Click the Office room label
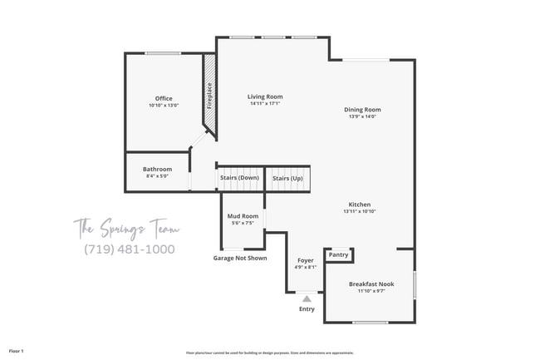point(164,98)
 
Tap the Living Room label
point(265,96)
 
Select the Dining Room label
point(363,110)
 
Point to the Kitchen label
point(360,205)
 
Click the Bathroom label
point(157,169)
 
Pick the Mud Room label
point(243,216)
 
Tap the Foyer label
point(306,260)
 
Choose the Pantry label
point(339,254)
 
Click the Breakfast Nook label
point(371,284)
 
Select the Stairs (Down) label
point(239,178)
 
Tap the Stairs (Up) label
point(287,178)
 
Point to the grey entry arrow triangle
point(307,298)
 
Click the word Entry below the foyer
point(307,309)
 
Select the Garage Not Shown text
point(240,258)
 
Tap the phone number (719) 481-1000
point(129,249)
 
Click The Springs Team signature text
point(126,227)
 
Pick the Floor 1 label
point(17,352)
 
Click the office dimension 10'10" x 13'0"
point(164,106)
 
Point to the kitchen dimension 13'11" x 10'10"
point(360,212)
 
